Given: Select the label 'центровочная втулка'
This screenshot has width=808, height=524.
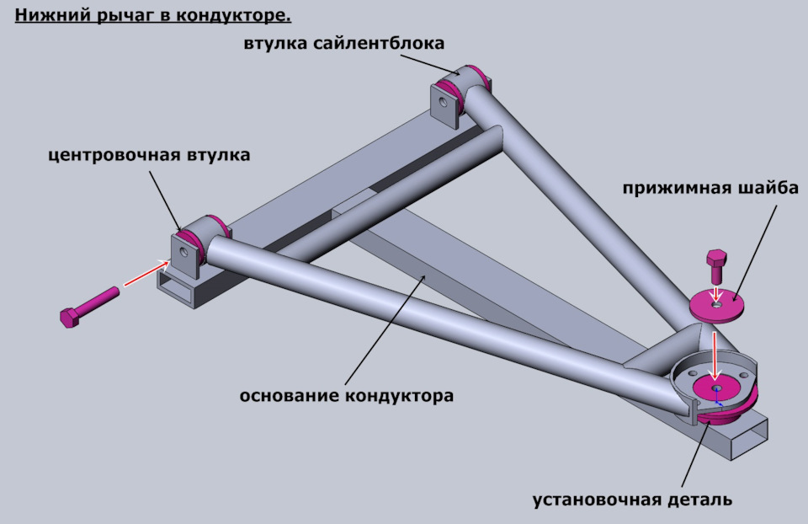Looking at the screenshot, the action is tap(149, 155).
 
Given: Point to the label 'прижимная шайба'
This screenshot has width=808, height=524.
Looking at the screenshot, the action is tap(710, 187).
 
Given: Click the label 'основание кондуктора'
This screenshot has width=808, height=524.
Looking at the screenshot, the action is tap(347, 395).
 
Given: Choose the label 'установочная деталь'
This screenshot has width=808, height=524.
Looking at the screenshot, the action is tap(632, 500).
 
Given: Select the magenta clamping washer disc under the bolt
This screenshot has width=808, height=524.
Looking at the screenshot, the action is tap(718, 307).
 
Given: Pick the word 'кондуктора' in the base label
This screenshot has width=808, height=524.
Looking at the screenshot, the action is tap(401, 395).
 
